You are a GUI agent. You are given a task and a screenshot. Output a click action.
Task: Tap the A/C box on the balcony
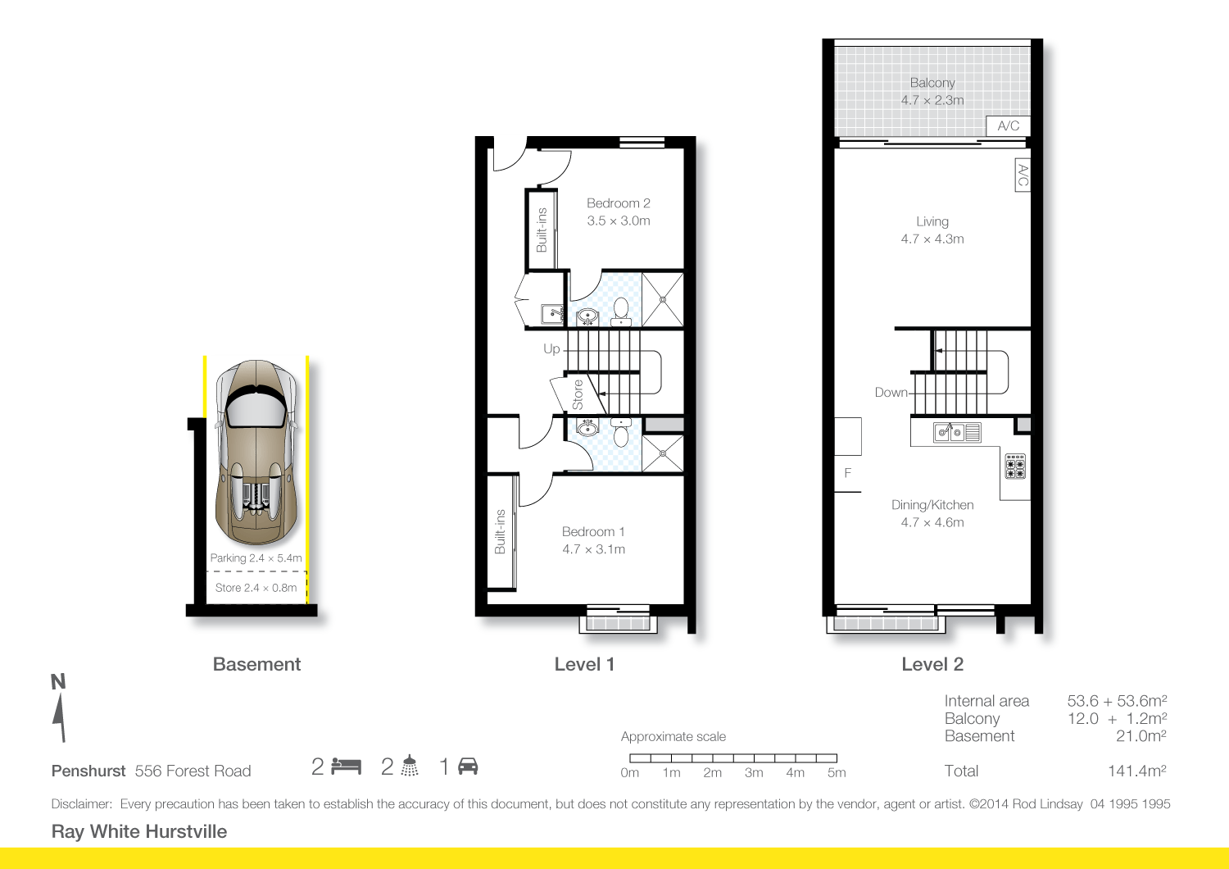1009,125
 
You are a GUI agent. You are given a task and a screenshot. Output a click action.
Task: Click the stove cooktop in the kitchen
1015,466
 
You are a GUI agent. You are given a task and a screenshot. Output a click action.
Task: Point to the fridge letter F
848,473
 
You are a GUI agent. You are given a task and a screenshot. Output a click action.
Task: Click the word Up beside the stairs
551,349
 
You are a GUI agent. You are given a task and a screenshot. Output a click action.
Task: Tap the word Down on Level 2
891,393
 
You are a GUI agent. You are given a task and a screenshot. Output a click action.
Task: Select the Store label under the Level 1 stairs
578,394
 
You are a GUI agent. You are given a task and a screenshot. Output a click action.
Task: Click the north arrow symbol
59,717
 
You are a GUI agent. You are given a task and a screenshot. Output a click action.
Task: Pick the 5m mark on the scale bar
837,772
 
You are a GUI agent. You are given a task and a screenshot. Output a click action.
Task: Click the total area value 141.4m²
1136,771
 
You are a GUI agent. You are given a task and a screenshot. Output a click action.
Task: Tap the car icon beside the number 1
468,767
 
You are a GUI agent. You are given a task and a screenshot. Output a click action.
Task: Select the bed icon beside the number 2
347,767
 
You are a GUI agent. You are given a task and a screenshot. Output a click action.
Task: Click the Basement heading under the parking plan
256,664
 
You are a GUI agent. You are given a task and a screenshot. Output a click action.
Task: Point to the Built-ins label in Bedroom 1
500,531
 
